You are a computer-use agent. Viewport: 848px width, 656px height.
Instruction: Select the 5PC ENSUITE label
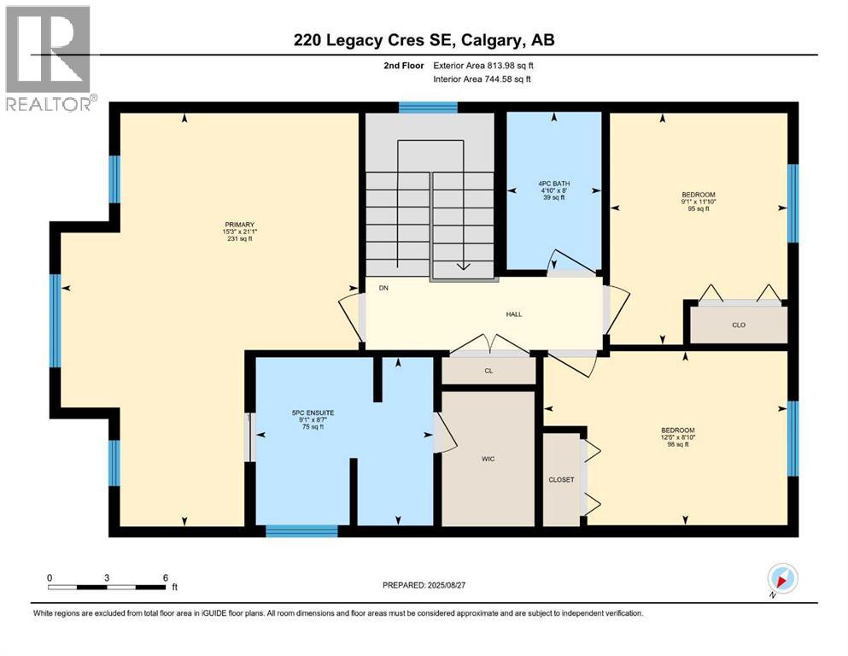313,413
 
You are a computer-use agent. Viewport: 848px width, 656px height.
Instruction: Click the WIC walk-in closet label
488,459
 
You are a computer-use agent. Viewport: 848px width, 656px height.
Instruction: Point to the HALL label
513,314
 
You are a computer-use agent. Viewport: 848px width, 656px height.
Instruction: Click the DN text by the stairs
384,289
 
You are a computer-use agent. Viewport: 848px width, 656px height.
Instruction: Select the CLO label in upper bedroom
740,325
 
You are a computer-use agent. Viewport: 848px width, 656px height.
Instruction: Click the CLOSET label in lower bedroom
561,480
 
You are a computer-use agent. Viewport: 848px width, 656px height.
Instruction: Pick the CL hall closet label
488,371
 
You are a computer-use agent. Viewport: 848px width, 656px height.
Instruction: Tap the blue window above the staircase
428,108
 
